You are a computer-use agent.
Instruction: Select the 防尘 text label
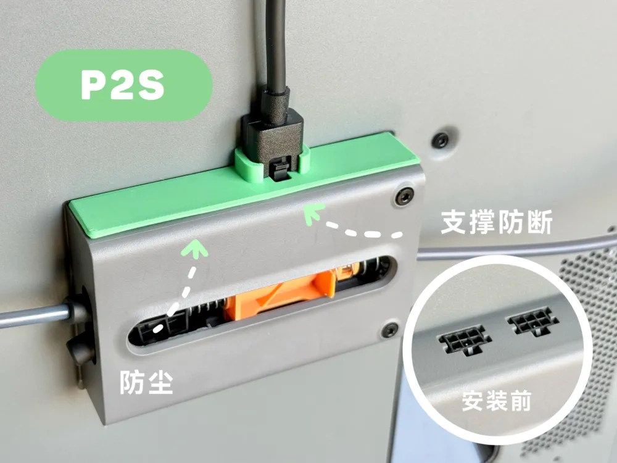coord(146,383)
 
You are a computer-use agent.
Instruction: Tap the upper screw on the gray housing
coord(404,197)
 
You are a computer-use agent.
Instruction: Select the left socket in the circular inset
coord(465,339)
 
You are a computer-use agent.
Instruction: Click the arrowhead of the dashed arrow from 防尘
coord(197,248)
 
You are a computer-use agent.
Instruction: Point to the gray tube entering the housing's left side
coord(31,316)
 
